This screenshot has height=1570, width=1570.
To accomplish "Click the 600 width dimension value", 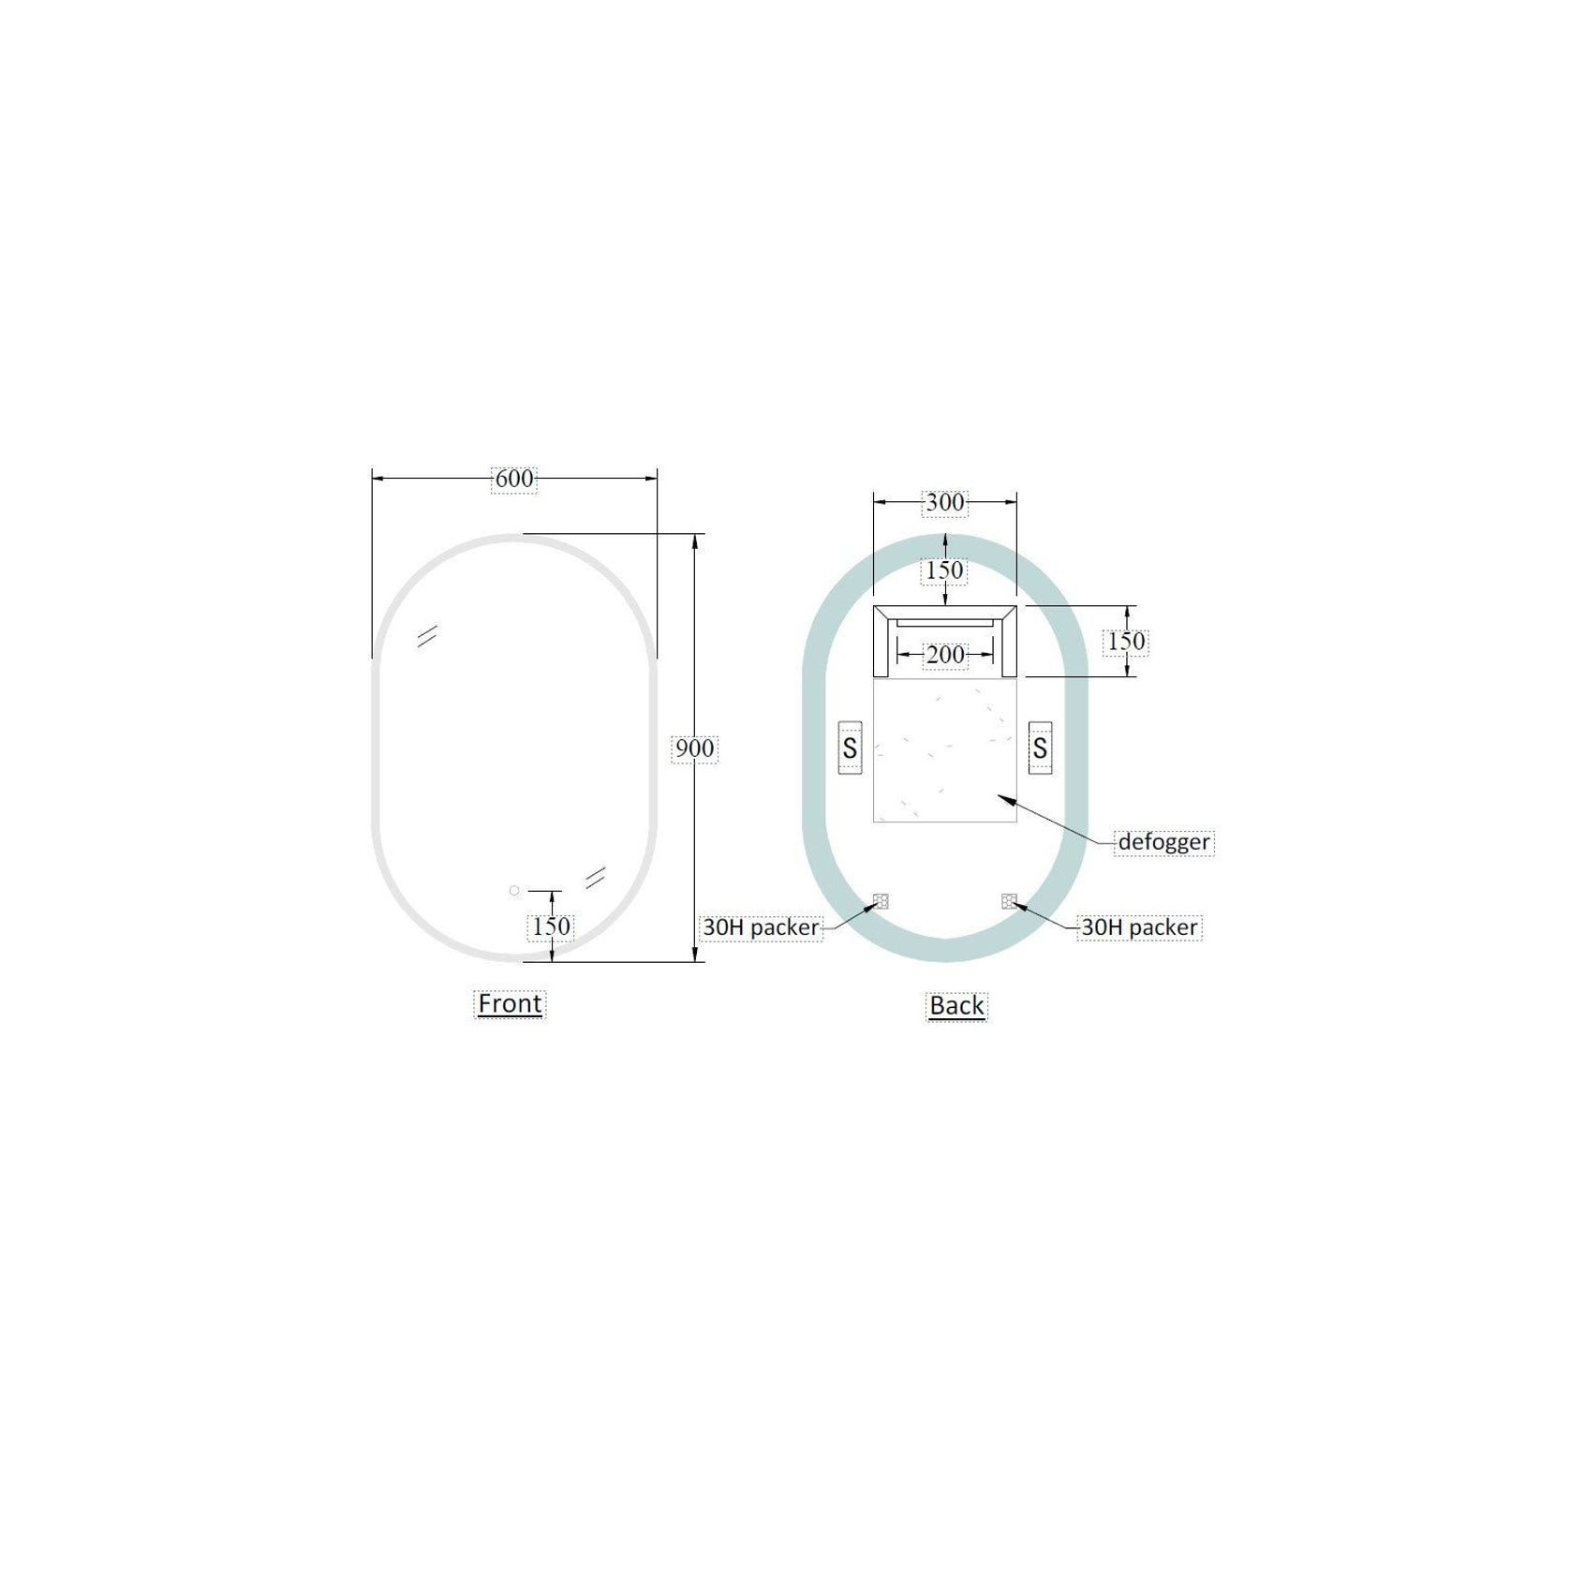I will [x=514, y=479].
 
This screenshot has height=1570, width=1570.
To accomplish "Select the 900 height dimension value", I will [x=695, y=748].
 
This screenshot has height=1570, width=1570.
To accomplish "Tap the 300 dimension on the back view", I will [x=944, y=503].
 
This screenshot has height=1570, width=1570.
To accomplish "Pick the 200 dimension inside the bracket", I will [x=945, y=655].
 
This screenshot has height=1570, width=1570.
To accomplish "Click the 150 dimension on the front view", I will [x=552, y=926].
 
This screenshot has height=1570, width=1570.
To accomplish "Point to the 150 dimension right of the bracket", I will [x=1126, y=642].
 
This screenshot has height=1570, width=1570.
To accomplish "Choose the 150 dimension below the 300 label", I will [x=945, y=570].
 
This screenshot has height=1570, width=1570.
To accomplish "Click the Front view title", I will [x=510, y=1003].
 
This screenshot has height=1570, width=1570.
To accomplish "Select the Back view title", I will [x=956, y=1005].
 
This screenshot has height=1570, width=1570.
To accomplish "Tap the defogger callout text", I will [x=1163, y=841].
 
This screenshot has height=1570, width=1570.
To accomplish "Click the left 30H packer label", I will [x=761, y=926].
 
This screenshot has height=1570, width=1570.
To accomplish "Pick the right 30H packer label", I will [x=1139, y=926].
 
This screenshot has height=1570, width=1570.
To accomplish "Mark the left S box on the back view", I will [x=850, y=748].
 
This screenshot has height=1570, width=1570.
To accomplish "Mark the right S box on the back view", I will [x=1040, y=748].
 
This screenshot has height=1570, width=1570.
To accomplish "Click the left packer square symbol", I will [x=881, y=901].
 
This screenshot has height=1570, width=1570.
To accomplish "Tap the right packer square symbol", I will [x=1009, y=901].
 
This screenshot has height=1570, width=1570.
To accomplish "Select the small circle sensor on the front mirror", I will [x=514, y=891].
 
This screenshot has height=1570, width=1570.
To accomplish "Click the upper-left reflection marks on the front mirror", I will [x=427, y=636].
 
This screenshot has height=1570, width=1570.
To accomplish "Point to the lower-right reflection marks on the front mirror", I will [x=595, y=877].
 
